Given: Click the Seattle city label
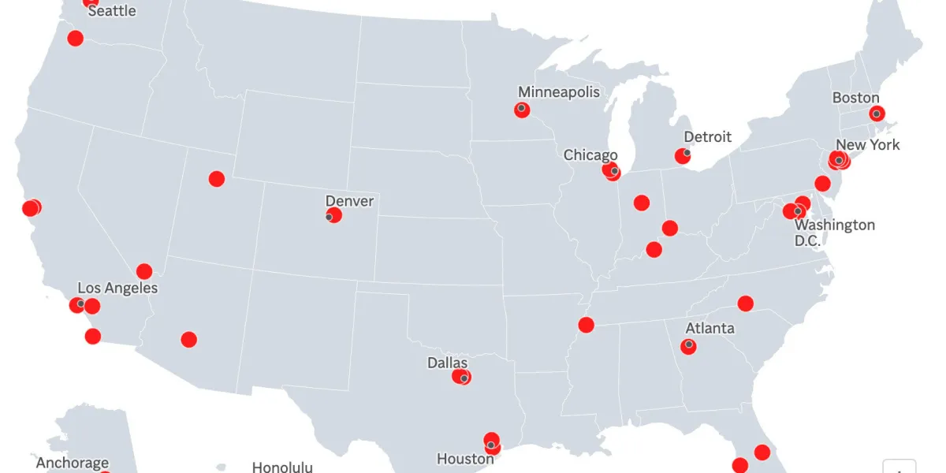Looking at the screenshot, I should pos(111,11).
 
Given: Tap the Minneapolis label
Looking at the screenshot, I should pos(558,92).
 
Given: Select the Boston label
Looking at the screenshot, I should pos(855,98).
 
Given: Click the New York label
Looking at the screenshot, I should pos(867,144).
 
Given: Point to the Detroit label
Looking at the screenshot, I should pos(707,136).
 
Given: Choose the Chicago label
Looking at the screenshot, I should pos(590,155).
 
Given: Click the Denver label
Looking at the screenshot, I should pos(349,201).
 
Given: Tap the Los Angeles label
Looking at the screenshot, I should pos(117,288).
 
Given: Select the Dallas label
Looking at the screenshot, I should pos(447,363).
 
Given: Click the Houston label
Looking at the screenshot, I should pos(465,458).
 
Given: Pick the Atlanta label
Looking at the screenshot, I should pos(709,328).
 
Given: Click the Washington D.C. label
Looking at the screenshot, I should pos(834,233).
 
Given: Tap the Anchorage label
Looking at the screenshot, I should pos(73,463).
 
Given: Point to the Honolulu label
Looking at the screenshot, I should pos(282,467).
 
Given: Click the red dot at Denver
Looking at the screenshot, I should pos(334,215).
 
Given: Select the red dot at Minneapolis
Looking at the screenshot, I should pos(522,110).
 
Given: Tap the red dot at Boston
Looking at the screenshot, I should pos(877,114).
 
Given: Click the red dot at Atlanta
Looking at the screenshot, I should pos(689,345).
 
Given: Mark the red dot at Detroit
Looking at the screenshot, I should pos(683,156).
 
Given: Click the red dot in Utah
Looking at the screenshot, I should pos(217,179).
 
